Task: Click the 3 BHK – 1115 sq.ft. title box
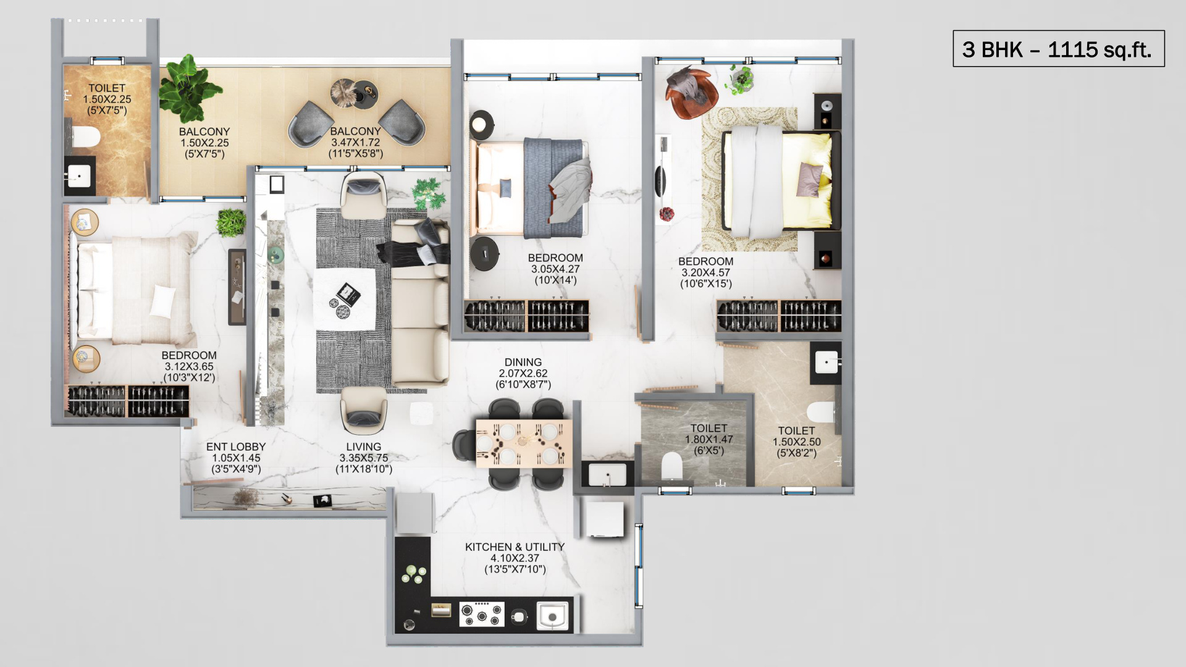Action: coord(1058,48)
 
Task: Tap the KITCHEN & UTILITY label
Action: coord(515,547)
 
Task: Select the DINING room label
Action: coord(523,363)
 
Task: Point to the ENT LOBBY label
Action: coord(236,447)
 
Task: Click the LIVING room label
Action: coord(364,447)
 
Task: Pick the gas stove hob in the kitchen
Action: coord(482,615)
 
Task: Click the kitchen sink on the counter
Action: coord(552,616)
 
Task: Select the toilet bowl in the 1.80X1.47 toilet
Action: coord(671,466)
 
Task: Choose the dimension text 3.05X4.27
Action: coord(555,269)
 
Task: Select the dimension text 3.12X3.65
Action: coord(189,366)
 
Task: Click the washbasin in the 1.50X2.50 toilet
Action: coord(826,363)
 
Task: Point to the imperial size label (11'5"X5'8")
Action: coord(355,154)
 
